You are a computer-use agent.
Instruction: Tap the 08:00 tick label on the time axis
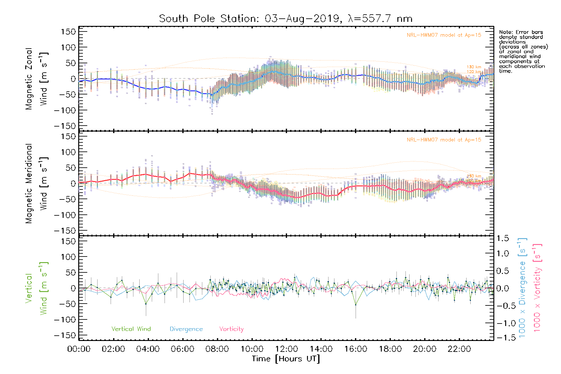217,349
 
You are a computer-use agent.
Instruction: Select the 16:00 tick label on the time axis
356,349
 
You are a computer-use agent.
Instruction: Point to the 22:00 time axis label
459,349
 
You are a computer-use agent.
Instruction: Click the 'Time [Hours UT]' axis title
286,359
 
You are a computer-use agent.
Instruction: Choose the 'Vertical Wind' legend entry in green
131,329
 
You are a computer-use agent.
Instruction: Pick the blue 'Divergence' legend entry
186,329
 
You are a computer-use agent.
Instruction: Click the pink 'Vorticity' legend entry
231,329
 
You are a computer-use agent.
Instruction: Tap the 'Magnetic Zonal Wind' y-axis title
36,79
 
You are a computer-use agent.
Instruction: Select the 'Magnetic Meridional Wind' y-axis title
36,184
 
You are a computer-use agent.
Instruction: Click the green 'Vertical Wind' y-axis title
36,288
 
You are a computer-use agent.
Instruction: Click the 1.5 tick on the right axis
502,238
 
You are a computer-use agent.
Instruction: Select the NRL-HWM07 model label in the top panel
444,35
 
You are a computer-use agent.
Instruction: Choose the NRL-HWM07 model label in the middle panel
444,140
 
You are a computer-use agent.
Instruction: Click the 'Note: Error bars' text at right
521,32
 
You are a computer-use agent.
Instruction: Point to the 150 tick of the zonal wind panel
69,32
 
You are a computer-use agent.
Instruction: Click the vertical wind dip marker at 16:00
356,304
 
